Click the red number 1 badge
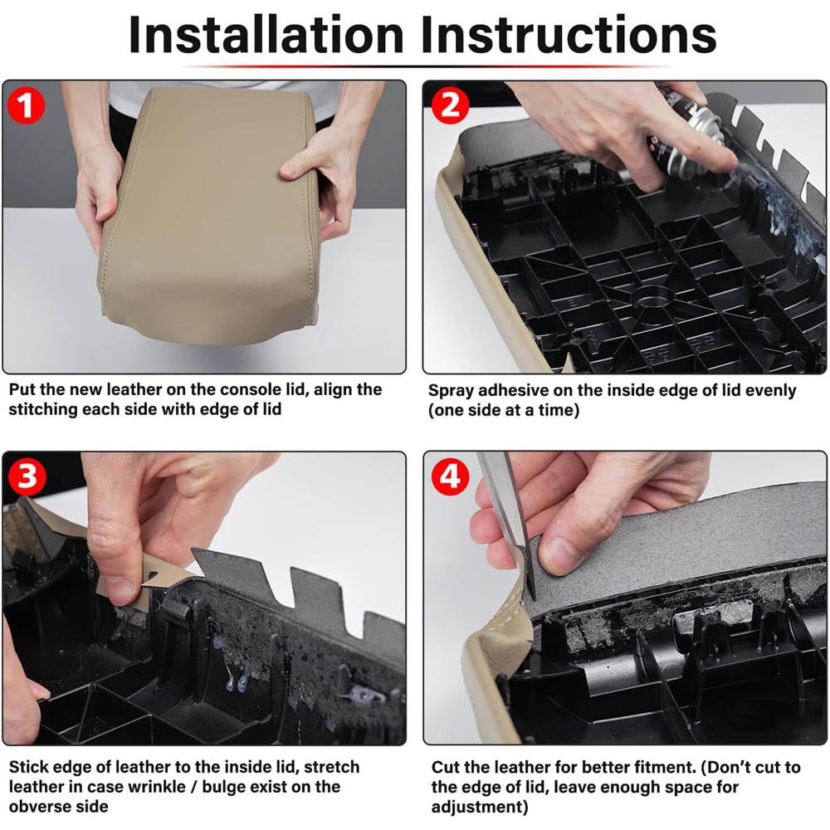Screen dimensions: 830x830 [x=26, y=105]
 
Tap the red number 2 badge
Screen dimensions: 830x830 [x=450, y=105]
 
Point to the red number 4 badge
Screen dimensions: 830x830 [x=450, y=476]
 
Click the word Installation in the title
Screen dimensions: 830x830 [x=266, y=35]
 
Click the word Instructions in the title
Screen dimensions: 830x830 [x=569, y=35]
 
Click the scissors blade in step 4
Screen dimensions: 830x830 [x=508, y=524]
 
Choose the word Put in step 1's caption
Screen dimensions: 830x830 [x=22, y=389]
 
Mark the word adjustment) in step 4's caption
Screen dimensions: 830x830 [x=480, y=808]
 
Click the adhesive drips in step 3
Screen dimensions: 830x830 [x=236, y=680]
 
